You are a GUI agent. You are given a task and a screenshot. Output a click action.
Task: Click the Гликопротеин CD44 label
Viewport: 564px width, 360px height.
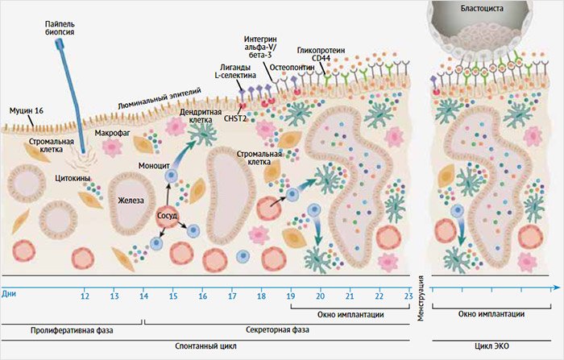pos(321,54)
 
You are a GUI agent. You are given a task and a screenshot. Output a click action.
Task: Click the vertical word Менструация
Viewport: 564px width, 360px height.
pos(420,297)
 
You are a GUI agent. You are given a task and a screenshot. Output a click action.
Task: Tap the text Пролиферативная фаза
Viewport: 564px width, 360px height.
pos(72,330)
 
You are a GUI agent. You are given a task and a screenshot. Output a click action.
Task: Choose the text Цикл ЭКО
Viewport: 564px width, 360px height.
pos(491,346)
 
